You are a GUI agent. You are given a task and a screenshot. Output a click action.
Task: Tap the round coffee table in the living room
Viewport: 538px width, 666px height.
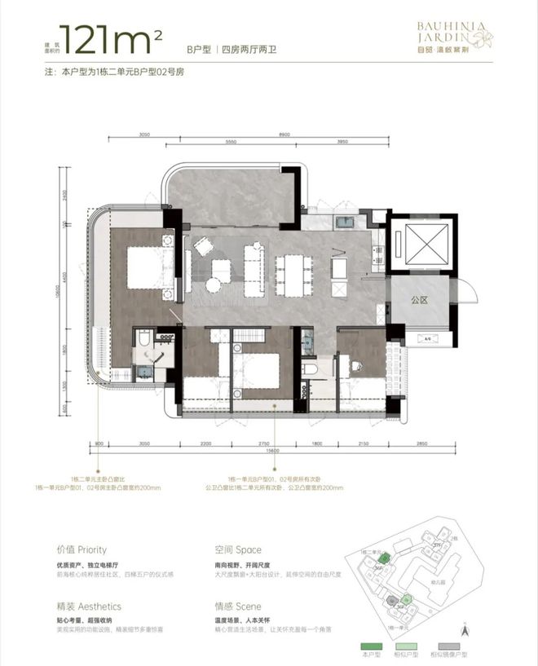point(214,284)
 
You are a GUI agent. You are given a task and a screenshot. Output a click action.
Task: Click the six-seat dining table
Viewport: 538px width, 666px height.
point(291,275)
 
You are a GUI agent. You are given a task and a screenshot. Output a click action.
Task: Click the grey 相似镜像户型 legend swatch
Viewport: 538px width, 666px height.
point(467,644)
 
